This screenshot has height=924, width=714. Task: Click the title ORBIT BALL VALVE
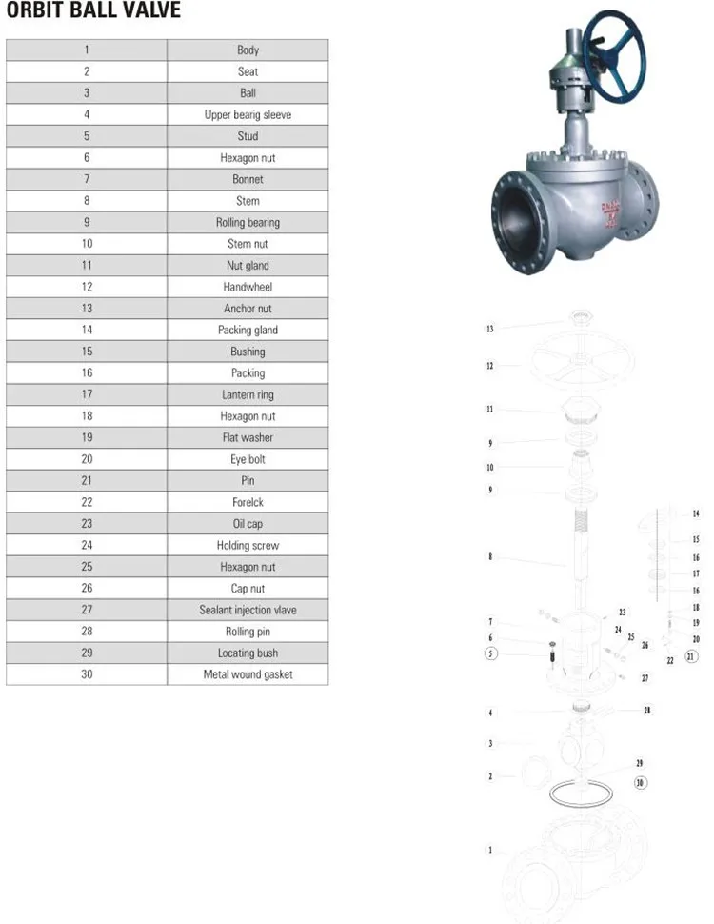92,12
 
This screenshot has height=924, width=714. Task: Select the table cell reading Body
248,50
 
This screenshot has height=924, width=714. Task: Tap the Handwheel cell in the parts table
248,287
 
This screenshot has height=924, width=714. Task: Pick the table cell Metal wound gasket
248,674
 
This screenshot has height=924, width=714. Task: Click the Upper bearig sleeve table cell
248,114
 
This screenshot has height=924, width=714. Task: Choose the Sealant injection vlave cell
248,610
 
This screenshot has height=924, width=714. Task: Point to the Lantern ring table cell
248,394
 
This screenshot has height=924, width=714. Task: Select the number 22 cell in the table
87,502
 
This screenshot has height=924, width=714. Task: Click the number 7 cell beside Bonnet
87,179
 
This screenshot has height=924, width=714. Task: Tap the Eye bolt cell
248,459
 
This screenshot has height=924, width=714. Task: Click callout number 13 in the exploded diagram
490,329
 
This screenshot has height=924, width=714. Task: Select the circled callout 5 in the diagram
491,653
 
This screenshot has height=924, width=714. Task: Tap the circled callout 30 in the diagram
640,782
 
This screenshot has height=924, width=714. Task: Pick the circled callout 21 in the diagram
691,655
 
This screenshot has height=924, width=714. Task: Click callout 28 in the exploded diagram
647,710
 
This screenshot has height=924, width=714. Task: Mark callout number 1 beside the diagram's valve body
491,850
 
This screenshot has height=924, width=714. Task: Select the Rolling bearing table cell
248,222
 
